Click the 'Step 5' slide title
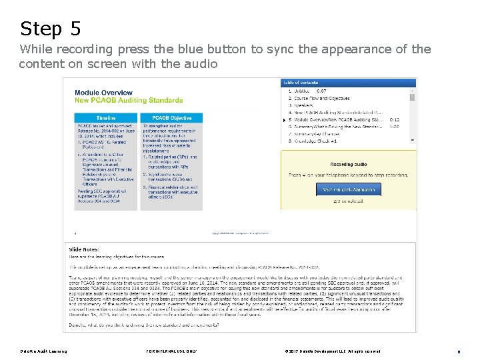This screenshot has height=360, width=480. [x=51, y=29]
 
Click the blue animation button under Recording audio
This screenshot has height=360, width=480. [x=348, y=189]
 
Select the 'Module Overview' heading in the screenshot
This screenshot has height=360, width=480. [x=103, y=93]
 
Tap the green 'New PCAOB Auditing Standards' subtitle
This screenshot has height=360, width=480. [x=129, y=101]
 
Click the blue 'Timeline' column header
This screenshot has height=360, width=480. [x=107, y=118]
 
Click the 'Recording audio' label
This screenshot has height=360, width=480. [x=348, y=164]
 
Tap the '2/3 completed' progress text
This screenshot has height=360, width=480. [x=348, y=199]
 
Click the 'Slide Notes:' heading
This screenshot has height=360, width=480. [x=83, y=251]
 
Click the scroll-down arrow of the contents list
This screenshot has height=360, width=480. [x=412, y=141]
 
